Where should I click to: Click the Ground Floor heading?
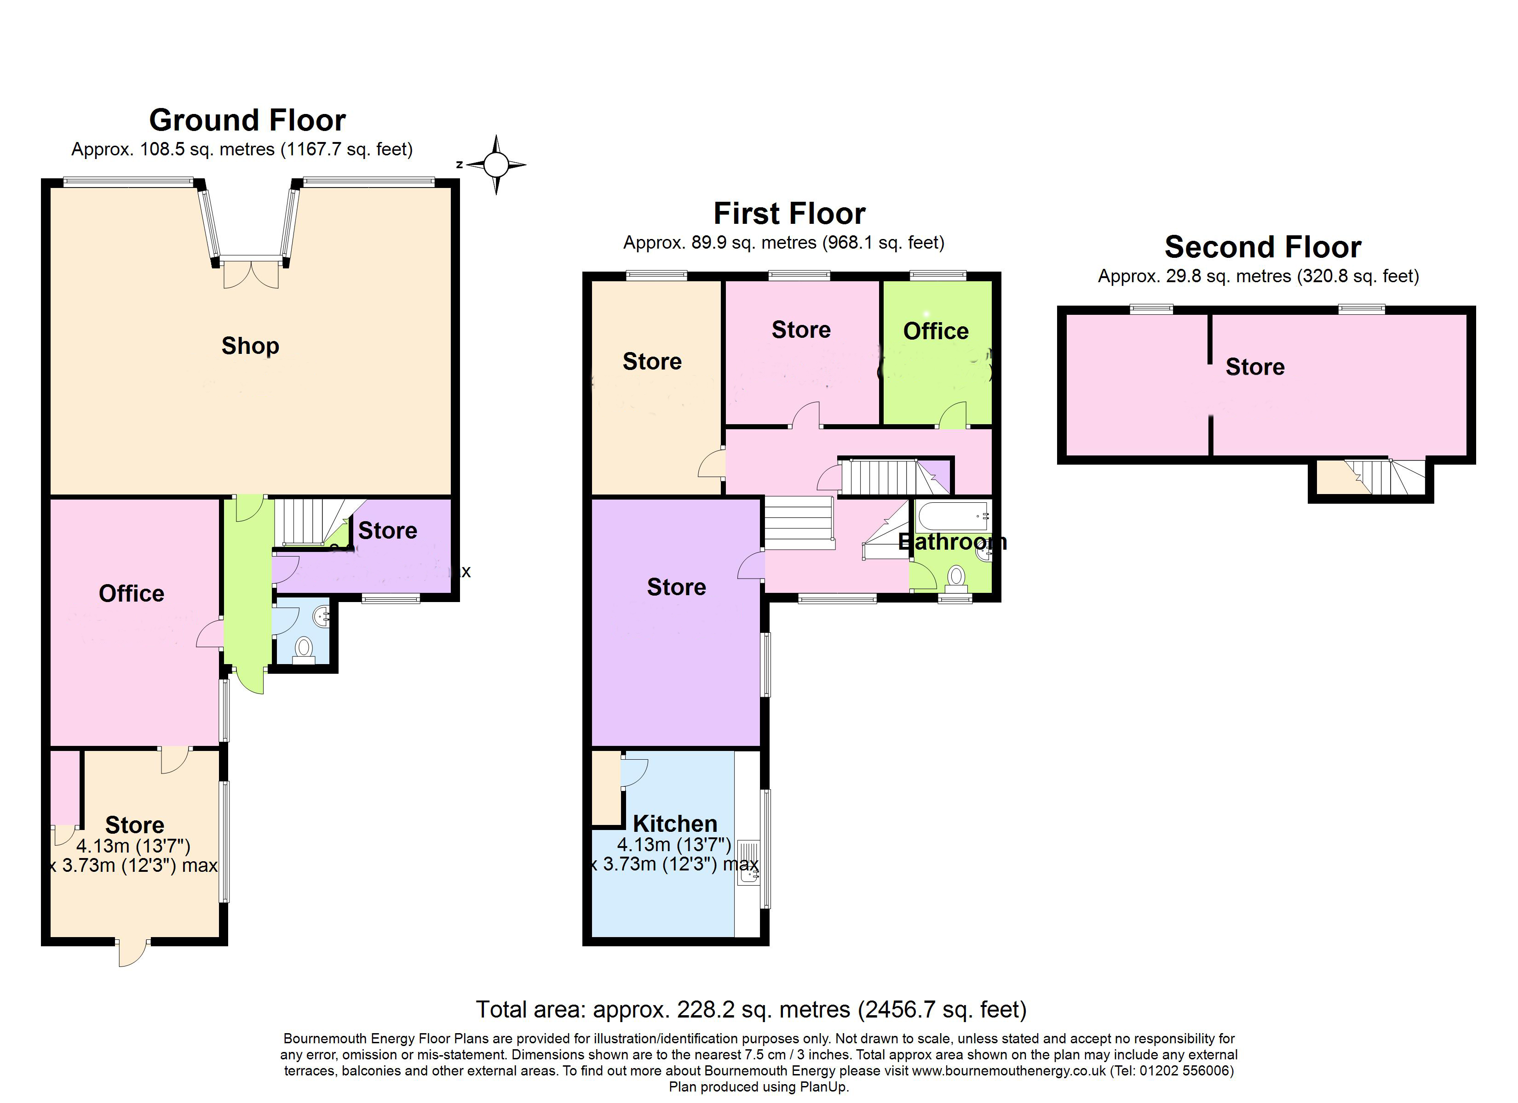pyautogui.click(x=247, y=120)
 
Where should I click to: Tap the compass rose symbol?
pyautogui.click(x=496, y=165)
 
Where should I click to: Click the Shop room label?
pyautogui.click(x=250, y=346)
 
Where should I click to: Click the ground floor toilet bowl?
pyautogui.click(x=304, y=648)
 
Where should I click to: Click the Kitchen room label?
pyautogui.click(x=675, y=824)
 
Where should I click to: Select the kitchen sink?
pyautogui.click(x=748, y=863)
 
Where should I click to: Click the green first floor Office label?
pyautogui.click(x=936, y=331)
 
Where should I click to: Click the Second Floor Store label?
pyautogui.click(x=1255, y=367)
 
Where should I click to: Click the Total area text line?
pyautogui.click(x=751, y=1009)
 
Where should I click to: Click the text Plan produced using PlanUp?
pyautogui.click(x=759, y=1087)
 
